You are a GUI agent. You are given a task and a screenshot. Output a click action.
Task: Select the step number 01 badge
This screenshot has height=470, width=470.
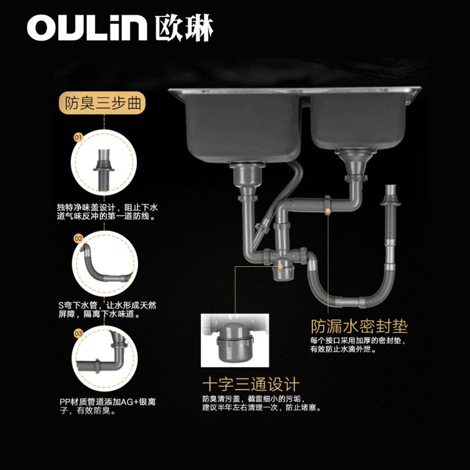78,137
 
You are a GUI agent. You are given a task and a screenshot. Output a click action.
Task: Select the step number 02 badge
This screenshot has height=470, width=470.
78,239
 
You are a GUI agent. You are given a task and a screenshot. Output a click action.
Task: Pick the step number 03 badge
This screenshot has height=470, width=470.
78,334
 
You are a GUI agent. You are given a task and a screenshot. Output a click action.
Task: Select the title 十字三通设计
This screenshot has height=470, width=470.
251,385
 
